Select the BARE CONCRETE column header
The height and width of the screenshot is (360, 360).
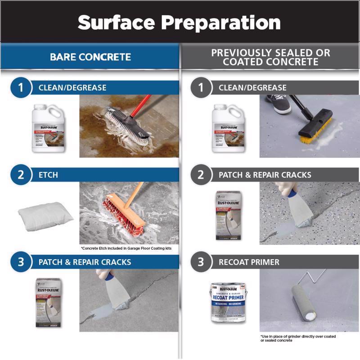(90, 57)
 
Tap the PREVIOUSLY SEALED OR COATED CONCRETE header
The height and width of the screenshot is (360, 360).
(270, 57)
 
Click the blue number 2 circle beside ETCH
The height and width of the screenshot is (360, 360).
(21, 174)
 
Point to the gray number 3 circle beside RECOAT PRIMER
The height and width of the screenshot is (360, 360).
(201, 262)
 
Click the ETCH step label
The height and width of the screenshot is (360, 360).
(48, 175)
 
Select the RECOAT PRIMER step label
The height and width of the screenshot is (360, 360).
(249, 262)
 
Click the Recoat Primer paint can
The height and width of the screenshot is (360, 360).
(227, 303)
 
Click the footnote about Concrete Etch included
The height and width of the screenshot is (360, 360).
(126, 248)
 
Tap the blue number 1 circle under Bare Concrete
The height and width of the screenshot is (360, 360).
(21, 87)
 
